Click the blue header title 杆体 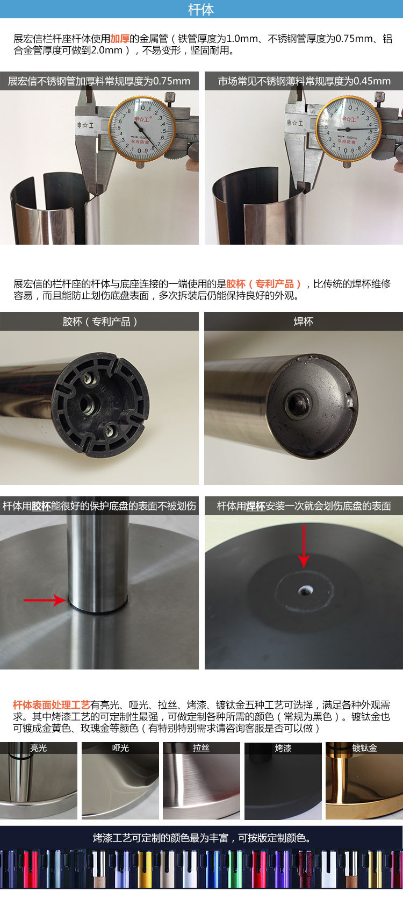[201, 10]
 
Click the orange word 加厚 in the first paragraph [119, 39]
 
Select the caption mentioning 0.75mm [99, 81]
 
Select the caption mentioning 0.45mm [304, 81]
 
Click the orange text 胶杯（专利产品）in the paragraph [264, 284]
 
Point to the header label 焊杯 [304, 322]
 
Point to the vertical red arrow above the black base [304, 545]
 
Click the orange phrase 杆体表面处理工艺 [51, 705]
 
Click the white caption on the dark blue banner [201, 838]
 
